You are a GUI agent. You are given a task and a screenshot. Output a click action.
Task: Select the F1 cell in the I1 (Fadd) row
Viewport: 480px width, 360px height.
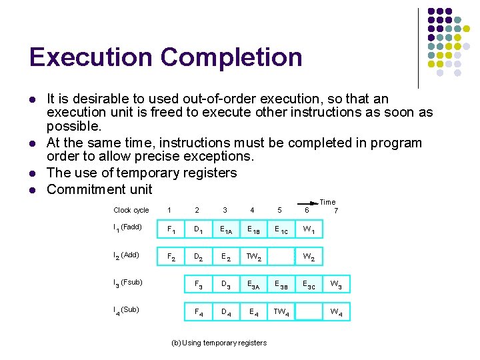171,231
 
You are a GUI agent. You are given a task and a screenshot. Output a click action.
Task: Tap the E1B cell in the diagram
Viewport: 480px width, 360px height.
253,231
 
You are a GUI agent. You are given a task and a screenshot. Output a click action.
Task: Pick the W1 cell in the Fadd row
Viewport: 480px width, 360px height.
308,231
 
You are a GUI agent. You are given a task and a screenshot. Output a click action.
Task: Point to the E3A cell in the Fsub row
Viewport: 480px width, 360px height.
253,285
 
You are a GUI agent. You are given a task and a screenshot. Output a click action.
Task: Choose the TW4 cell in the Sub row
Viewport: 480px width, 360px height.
281,312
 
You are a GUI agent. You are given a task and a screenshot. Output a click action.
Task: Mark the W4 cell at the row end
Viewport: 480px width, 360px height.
336,312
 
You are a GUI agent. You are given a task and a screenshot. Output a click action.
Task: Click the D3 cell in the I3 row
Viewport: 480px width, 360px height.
226,285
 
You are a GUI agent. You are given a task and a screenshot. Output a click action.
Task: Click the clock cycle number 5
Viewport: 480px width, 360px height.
280,211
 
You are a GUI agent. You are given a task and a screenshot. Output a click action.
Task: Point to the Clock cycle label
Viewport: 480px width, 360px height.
131,211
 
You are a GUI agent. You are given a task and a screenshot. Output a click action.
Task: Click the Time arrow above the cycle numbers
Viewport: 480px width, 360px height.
307,202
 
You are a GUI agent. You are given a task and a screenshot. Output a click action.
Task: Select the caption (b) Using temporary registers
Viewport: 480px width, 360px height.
219,343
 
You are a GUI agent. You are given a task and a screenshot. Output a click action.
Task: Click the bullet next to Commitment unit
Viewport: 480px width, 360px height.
32,189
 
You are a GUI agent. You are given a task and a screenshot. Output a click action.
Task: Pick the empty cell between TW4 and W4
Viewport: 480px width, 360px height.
308,312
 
